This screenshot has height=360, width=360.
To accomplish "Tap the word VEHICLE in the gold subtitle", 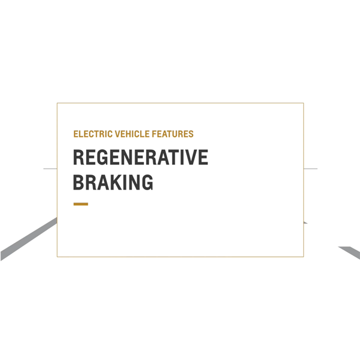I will tap(128, 134).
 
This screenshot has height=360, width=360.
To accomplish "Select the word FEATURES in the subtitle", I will tap(172, 134).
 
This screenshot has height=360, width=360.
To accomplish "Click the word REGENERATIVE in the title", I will tap(141, 158).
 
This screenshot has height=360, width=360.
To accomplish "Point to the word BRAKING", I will tap(113, 182).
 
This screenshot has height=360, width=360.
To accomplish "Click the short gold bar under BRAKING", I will tap(81, 204).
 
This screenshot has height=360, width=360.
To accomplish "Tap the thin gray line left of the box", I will tap(50, 168).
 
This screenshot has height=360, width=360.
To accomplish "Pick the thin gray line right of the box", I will tap(310, 168).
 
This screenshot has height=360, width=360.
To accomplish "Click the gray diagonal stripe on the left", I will tap(28, 240).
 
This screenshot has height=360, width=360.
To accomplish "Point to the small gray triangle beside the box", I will tap(305, 222).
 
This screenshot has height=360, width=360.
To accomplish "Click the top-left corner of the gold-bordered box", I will tap(57, 103).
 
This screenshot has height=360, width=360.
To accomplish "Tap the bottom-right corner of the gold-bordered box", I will tap(303, 257).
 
